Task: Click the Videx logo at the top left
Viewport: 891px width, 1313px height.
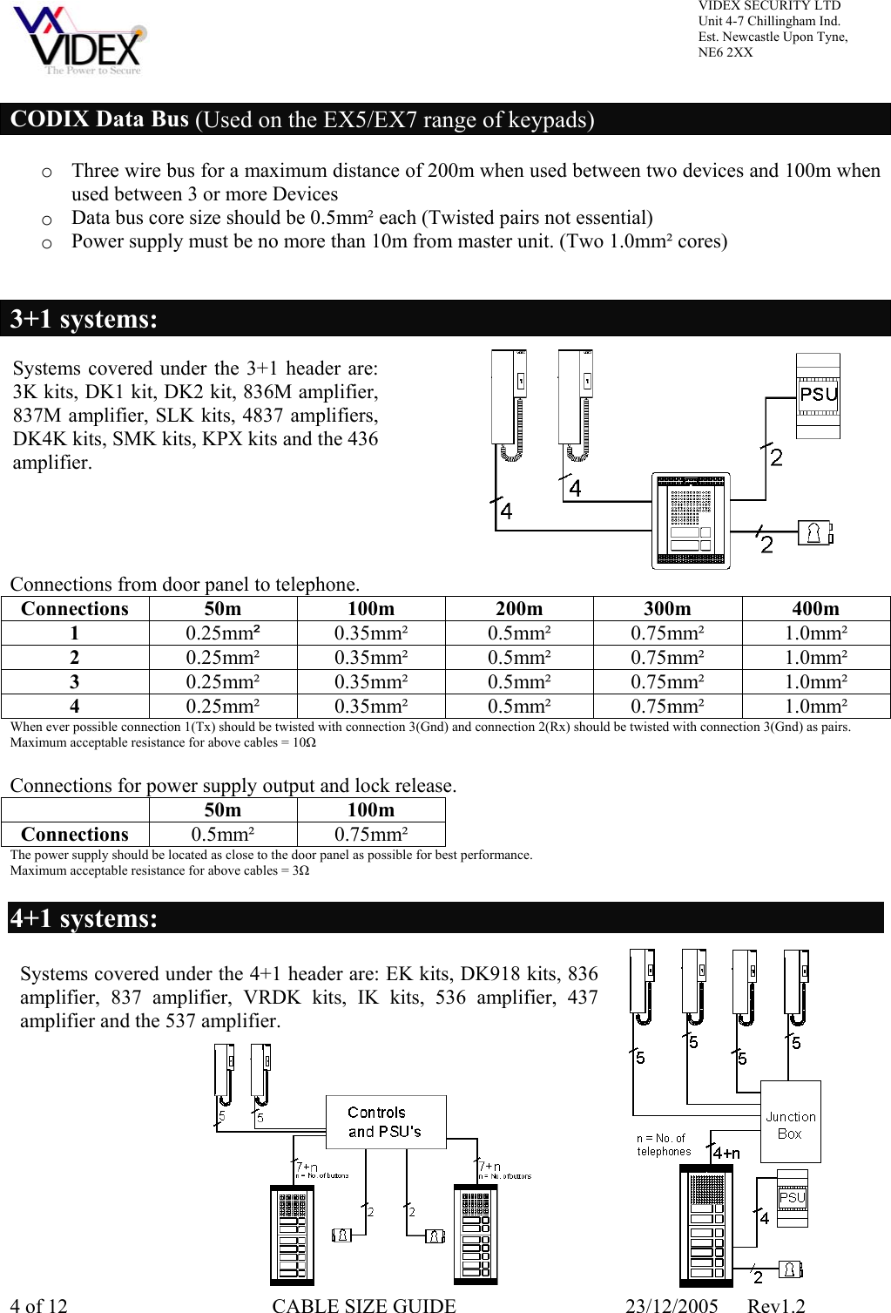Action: tap(80, 41)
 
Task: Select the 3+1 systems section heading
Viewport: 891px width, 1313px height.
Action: tap(84, 319)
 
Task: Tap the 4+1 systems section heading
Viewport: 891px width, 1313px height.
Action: tap(84, 918)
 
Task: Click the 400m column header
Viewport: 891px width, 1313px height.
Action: tap(815, 608)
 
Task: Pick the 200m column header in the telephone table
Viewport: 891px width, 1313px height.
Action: tap(518, 608)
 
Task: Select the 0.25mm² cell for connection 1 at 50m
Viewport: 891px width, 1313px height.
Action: tap(223, 633)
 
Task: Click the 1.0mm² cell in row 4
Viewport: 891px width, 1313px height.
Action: tap(815, 706)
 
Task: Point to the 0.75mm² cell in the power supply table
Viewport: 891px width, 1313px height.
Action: tap(371, 834)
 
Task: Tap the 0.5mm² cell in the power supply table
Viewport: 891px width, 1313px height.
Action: tap(223, 834)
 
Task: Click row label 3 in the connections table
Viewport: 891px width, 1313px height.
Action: tap(75, 681)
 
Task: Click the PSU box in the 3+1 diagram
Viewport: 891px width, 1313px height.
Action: tap(818, 395)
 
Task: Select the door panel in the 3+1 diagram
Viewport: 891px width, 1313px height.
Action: tap(691, 521)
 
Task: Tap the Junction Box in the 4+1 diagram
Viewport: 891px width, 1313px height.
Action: tap(790, 1122)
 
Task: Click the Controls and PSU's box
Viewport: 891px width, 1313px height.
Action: tap(385, 1122)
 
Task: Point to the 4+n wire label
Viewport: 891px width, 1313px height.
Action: tap(726, 1153)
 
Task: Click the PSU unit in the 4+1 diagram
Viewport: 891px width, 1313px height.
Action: tap(792, 1198)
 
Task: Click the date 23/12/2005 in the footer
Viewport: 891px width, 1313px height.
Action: tap(672, 1305)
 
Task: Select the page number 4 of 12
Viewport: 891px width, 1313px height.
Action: tap(38, 1305)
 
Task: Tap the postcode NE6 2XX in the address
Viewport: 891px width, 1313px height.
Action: tap(726, 52)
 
